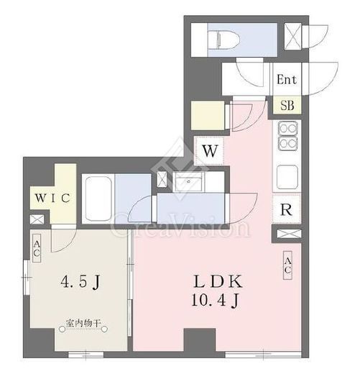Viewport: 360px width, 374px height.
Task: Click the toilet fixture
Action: point(224,40)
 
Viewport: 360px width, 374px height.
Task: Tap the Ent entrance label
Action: point(287,79)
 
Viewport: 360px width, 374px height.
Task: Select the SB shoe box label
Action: point(287,105)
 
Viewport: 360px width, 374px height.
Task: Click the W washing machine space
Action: point(210,151)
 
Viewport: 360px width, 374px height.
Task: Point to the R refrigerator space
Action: point(287,209)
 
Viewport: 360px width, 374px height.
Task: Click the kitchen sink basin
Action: point(287,177)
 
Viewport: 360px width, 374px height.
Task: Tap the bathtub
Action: point(98,199)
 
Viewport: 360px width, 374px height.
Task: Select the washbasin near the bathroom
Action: point(189,182)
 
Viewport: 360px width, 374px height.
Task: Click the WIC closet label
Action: point(52,198)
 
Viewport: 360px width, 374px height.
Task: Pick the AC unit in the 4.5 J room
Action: point(37,248)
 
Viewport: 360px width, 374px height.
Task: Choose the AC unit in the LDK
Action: point(287,265)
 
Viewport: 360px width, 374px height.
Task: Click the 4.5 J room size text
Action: point(80,281)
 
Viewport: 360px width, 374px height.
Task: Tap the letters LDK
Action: point(218,281)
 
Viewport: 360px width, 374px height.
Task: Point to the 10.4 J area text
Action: point(215,300)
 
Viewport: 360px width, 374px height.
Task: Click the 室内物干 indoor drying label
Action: point(83,324)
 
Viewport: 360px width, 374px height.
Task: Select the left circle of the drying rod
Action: point(63,329)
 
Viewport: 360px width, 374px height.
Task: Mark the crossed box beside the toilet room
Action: point(292,37)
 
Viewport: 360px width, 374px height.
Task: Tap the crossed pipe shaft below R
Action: point(289,234)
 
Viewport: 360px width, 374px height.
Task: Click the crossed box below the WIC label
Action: point(37,219)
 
